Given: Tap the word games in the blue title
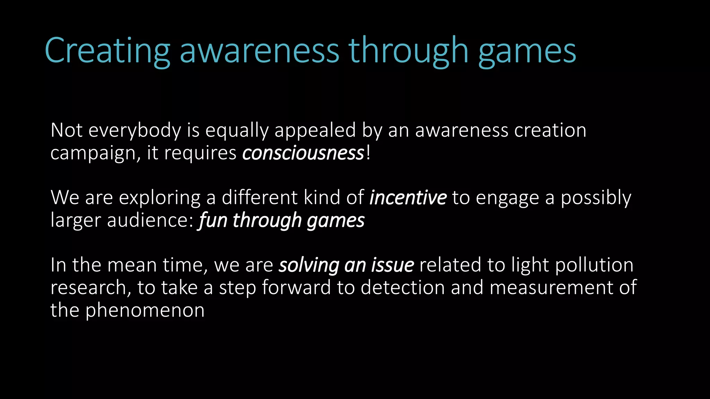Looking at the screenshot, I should (527, 52).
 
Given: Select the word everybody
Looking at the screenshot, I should (135, 131).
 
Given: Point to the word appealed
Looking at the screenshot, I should (315, 131).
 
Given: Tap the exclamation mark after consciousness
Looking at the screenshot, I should (368, 153).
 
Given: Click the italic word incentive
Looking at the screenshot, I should (408, 197).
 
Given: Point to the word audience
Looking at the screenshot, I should (149, 220).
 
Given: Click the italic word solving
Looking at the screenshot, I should (309, 265).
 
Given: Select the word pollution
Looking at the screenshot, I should (594, 265).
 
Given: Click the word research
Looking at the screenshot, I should (90, 287).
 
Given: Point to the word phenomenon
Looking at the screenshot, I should (145, 310).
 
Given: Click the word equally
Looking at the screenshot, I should (237, 131).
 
